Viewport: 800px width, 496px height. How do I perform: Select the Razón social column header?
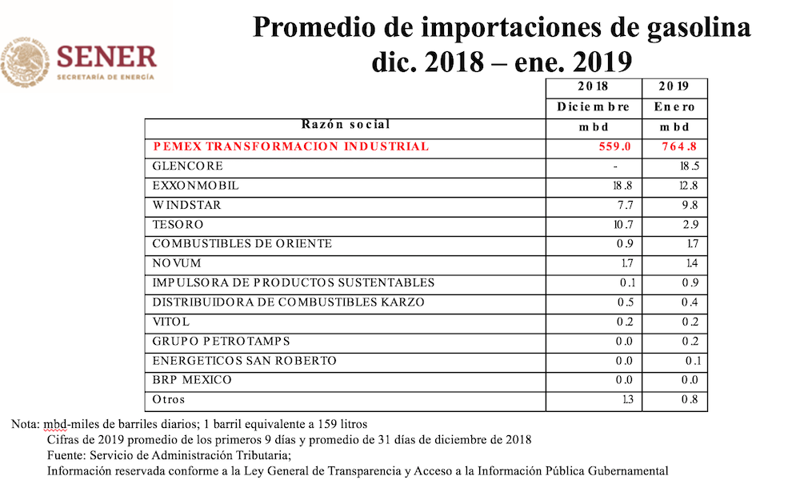346,125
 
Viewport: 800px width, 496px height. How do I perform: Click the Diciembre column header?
594,107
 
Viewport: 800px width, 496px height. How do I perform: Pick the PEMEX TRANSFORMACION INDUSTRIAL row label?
290,146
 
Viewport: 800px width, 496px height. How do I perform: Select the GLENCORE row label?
188,166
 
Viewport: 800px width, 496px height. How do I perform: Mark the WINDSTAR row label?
186,206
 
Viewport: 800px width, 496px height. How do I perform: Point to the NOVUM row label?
177,263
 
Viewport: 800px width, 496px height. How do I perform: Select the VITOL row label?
172,322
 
